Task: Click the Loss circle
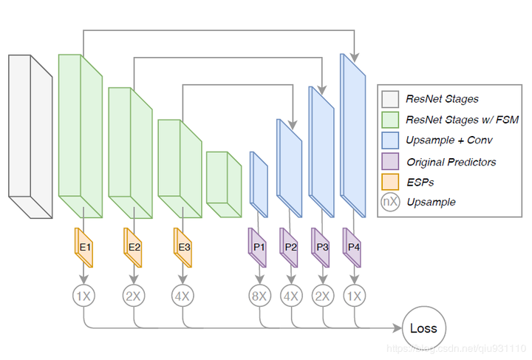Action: point(423,327)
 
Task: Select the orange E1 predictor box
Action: point(84,247)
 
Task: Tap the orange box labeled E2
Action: point(134,247)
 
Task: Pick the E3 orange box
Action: point(183,247)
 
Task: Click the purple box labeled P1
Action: point(259,247)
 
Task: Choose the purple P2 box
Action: point(290,247)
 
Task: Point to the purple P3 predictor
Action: point(322,247)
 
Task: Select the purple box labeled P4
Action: point(354,247)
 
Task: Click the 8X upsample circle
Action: point(259,296)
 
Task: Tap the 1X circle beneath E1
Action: point(84,296)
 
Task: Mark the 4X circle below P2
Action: point(290,296)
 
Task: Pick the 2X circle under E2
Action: point(134,296)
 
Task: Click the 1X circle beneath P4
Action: point(354,296)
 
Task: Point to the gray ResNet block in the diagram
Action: point(30,137)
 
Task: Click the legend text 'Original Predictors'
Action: point(451,161)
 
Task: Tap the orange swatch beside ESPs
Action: point(390,181)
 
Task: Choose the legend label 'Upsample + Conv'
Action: point(449,140)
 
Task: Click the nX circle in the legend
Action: point(390,201)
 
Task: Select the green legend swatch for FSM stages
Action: point(390,120)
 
